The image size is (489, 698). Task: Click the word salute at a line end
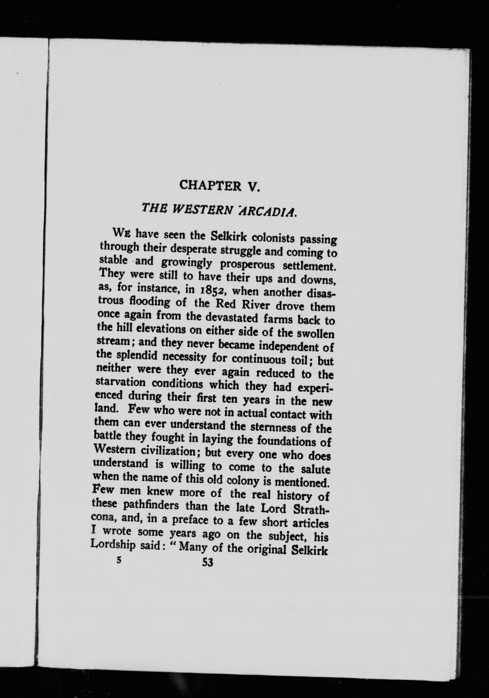[314, 468]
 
